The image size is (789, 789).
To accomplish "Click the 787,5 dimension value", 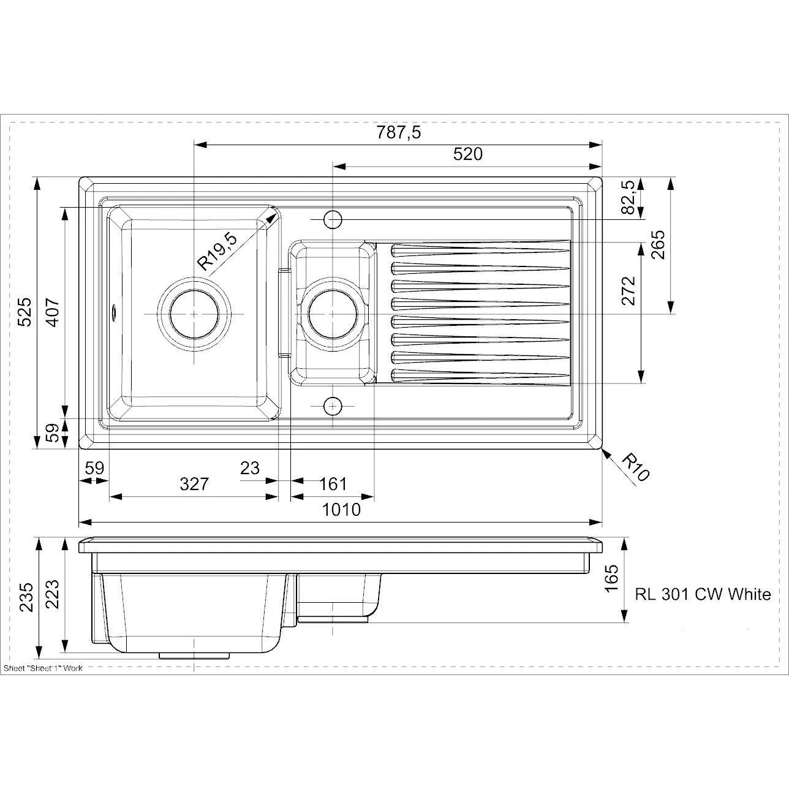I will (398, 132).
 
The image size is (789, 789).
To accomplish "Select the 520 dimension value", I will (467, 154).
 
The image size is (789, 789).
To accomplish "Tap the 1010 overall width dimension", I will (341, 510).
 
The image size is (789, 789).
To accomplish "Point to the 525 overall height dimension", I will (23, 312).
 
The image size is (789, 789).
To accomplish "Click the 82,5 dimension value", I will (627, 198).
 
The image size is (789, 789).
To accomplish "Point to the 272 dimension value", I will (629, 290).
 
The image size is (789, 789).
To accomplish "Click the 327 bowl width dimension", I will (194, 484).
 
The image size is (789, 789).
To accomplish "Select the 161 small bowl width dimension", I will (333, 484).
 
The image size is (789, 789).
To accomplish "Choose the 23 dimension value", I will (249, 468).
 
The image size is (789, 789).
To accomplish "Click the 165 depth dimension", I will (611, 578).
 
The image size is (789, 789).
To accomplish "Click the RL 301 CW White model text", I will (703, 594).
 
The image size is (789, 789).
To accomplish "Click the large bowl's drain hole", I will (194, 314).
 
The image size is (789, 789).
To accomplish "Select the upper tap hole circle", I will (332, 219).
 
